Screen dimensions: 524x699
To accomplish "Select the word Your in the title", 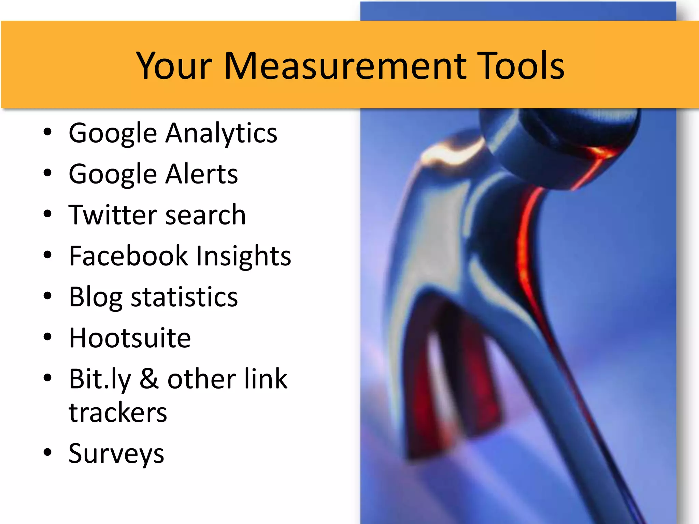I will click(x=174, y=65).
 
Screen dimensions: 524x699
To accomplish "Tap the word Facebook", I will click(x=128, y=256).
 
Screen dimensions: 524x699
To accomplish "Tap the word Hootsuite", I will click(x=130, y=338).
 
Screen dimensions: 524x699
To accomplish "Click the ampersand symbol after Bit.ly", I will click(x=149, y=379).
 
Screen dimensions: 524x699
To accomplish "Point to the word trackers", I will click(x=118, y=412).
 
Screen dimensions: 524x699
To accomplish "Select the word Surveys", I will click(x=116, y=454).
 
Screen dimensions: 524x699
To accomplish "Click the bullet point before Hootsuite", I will click(x=47, y=337).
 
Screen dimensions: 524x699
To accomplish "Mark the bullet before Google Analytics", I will click(x=47, y=132).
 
